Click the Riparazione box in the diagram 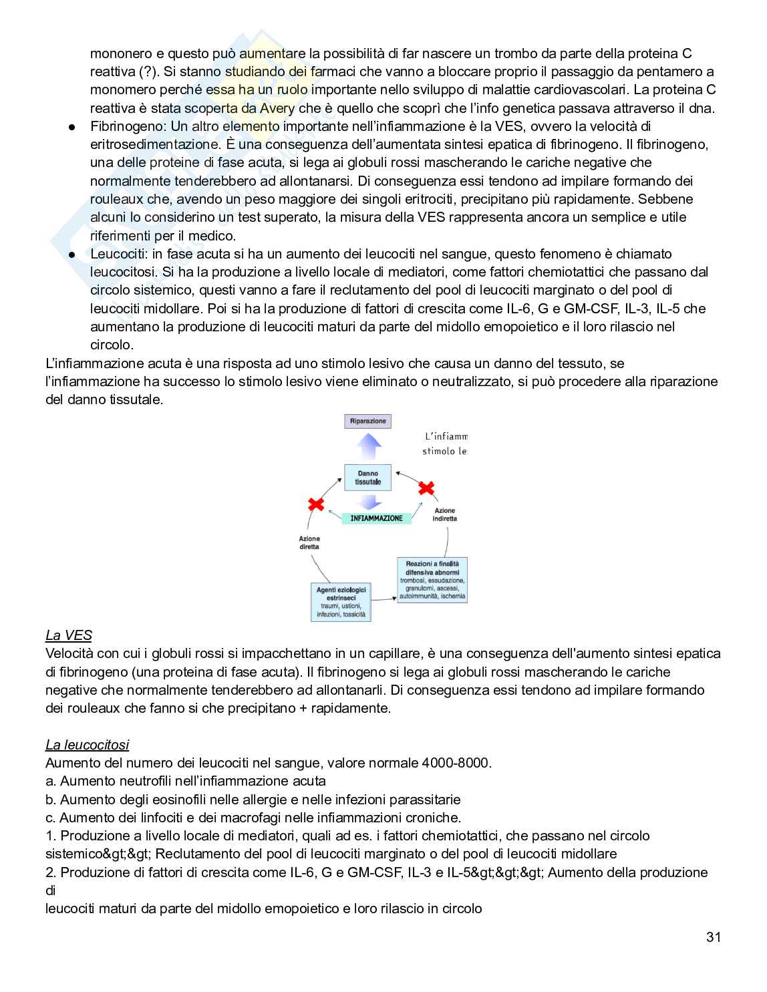[368, 422]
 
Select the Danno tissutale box [367, 478]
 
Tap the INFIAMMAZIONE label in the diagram [376, 518]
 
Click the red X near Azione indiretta [426, 488]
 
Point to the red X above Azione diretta [315, 504]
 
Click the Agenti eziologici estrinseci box [341, 602]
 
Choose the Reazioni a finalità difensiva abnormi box [432, 581]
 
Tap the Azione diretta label [309, 542]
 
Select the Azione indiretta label [444, 514]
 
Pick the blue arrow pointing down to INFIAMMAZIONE [368, 502]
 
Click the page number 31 [713, 937]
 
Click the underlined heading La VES [68, 635]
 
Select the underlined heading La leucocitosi [87, 745]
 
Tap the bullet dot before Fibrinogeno [70, 127]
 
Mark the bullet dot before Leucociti [70, 255]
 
